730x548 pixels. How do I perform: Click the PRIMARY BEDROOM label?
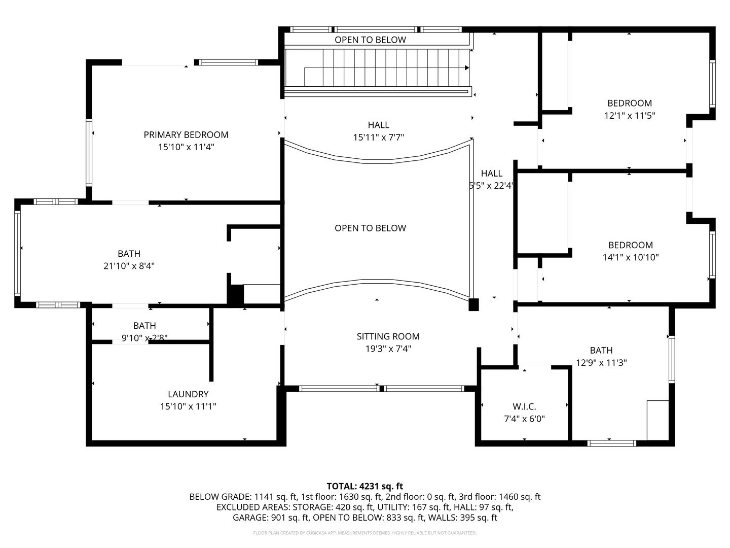(x=186, y=134)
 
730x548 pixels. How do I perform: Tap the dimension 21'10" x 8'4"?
(x=129, y=266)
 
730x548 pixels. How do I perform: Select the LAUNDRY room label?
(x=188, y=394)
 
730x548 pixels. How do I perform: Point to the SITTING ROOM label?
(x=388, y=336)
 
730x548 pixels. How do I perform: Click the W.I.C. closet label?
(x=524, y=406)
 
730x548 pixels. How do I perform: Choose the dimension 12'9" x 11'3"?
(x=601, y=363)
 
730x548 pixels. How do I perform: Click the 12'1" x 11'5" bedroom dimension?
(x=630, y=116)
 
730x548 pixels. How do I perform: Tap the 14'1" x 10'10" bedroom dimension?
(x=630, y=257)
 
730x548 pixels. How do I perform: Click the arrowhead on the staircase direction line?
(x=466, y=67)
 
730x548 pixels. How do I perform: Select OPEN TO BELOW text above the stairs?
(x=370, y=40)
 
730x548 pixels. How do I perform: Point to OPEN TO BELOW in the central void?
(x=370, y=228)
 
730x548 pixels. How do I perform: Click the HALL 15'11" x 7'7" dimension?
(x=378, y=138)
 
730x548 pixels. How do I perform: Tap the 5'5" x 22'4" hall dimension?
(x=491, y=186)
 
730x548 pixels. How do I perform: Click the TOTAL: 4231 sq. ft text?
(x=364, y=486)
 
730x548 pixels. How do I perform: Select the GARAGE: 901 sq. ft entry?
(x=270, y=518)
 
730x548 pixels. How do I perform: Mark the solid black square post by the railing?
(x=473, y=304)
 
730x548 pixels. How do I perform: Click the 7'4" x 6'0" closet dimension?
(x=524, y=419)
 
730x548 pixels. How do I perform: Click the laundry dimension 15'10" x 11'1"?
(x=188, y=406)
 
